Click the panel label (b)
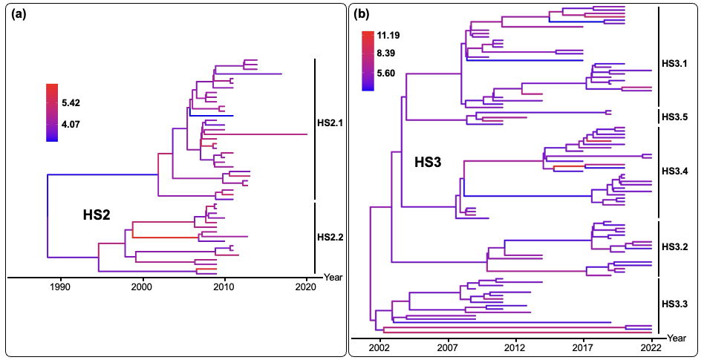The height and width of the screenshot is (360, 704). tap(362, 13)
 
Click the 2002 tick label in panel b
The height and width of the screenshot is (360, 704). tap(379, 347)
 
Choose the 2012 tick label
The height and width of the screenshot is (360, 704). tap(515, 347)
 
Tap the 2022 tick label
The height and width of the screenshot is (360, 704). tap(651, 347)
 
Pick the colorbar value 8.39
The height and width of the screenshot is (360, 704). tap(391, 54)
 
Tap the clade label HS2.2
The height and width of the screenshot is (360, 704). tap(330, 238)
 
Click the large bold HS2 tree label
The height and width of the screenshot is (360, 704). tap(97, 215)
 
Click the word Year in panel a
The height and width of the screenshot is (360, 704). tap(333, 278)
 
